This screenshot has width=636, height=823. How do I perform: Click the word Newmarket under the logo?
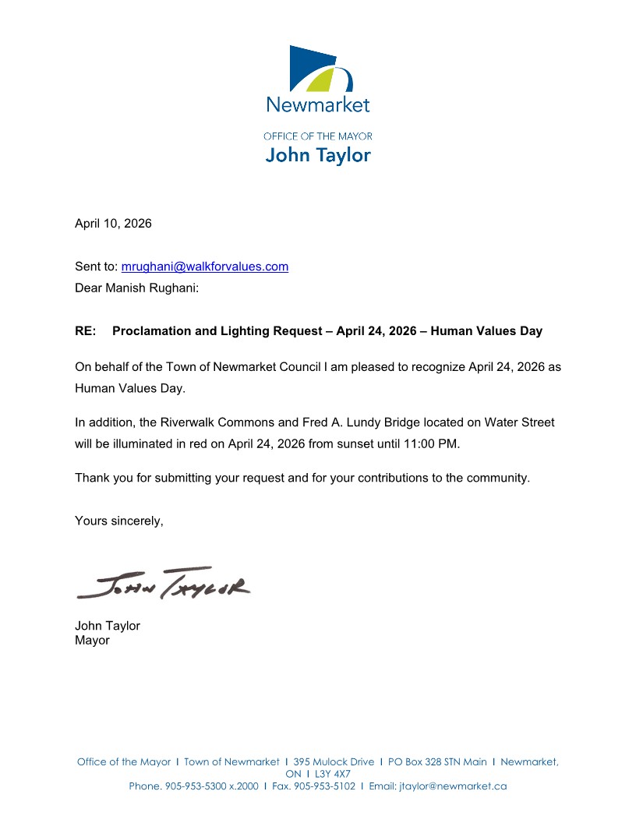[x=318, y=104]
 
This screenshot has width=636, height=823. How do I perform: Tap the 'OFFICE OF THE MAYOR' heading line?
[x=318, y=136]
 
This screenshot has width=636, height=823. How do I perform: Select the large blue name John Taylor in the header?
[x=318, y=155]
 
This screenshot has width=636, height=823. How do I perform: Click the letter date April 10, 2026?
[x=113, y=224]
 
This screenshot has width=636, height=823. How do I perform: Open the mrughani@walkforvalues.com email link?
[x=205, y=267]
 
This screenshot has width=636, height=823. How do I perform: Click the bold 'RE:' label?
[x=86, y=331]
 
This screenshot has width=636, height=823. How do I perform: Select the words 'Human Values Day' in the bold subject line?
[x=486, y=331]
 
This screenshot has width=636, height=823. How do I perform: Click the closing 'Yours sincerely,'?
[x=119, y=521]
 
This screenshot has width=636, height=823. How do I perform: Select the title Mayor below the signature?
[x=92, y=641]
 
